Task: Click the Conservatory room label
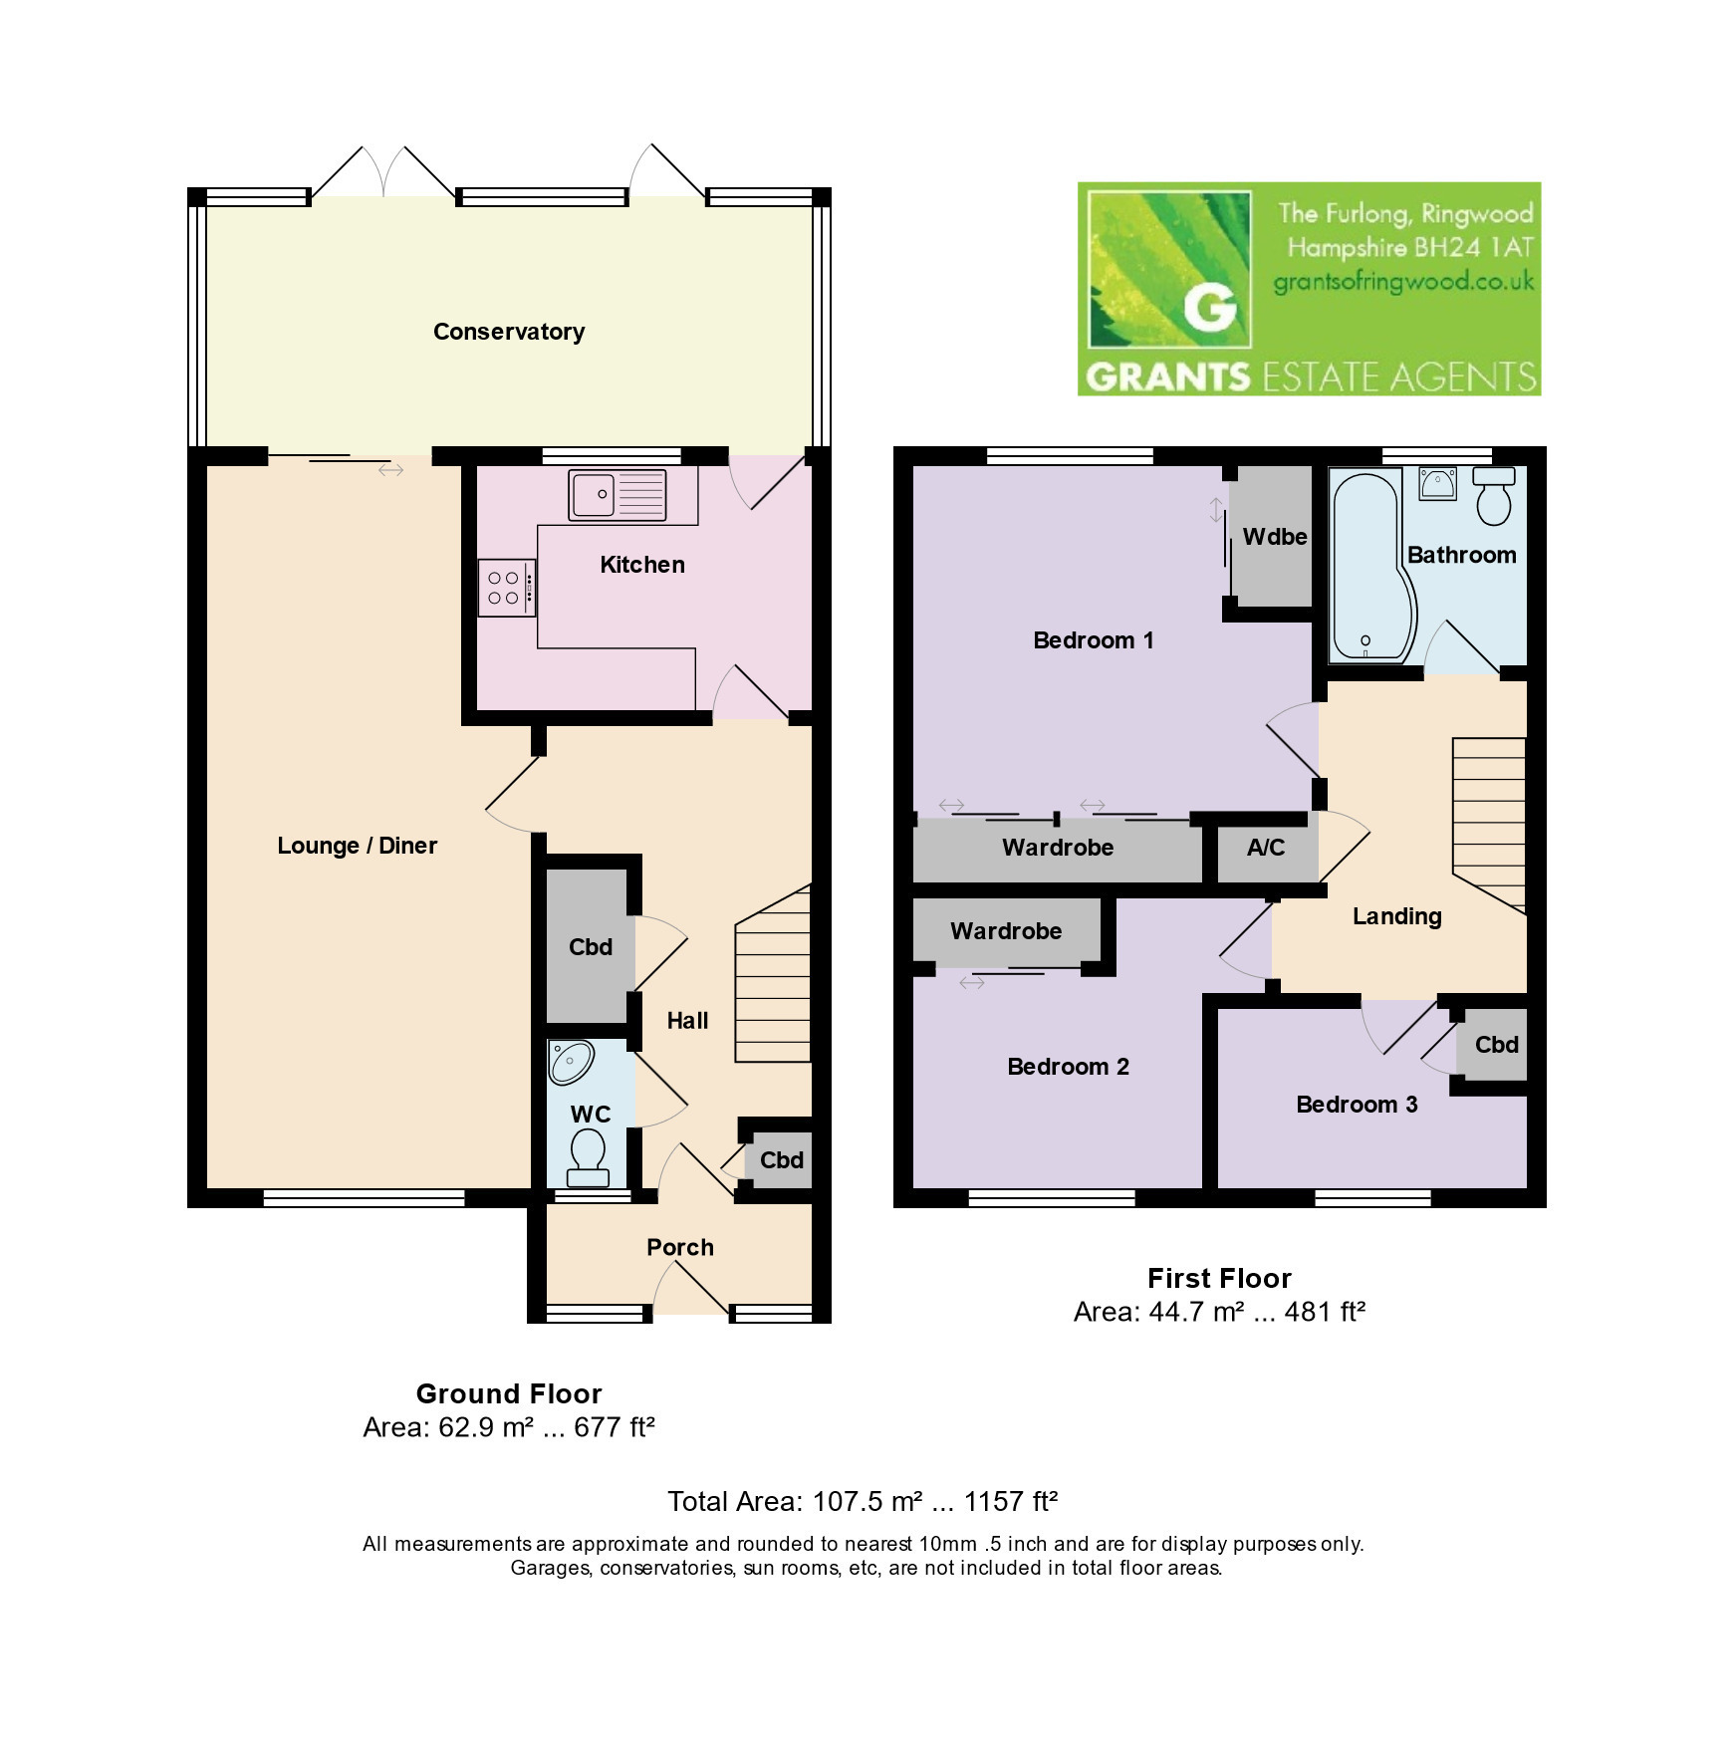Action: (x=508, y=332)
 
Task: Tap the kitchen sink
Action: (x=618, y=495)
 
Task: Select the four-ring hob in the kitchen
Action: (x=507, y=588)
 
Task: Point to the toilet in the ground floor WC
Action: (x=588, y=1156)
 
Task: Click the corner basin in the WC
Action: (x=571, y=1062)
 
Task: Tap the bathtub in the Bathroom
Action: (x=1372, y=568)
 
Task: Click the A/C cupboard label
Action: (x=1266, y=848)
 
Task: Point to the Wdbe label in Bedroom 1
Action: (x=1275, y=537)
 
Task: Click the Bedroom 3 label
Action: (x=1357, y=1105)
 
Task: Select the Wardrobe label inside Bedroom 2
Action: (x=1006, y=931)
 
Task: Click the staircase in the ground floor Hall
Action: (x=773, y=974)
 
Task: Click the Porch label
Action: (x=680, y=1247)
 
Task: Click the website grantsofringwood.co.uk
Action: (x=1404, y=282)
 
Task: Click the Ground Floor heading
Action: (x=509, y=1393)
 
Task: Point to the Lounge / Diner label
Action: (x=358, y=846)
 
